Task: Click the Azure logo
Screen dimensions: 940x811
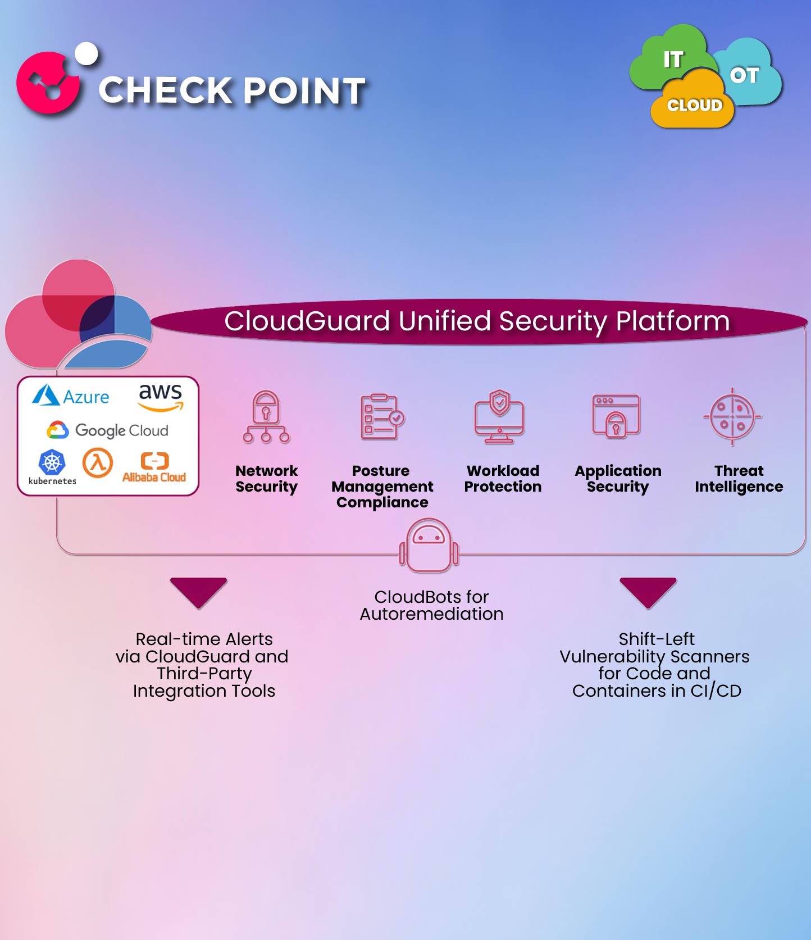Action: pyautogui.click(x=71, y=396)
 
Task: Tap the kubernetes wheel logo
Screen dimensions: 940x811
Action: pyautogui.click(x=52, y=462)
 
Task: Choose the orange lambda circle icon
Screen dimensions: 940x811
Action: pyautogui.click(x=98, y=462)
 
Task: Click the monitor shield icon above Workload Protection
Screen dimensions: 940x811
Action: pyautogui.click(x=499, y=417)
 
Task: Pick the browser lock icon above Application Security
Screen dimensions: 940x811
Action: pyautogui.click(x=616, y=416)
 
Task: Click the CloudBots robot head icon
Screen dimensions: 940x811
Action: pyautogui.click(x=429, y=545)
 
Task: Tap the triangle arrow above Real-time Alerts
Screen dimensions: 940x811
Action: pyautogui.click(x=198, y=591)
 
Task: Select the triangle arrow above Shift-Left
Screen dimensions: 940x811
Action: pyautogui.click(x=648, y=591)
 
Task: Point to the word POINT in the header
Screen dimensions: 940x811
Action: pyautogui.click(x=304, y=91)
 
